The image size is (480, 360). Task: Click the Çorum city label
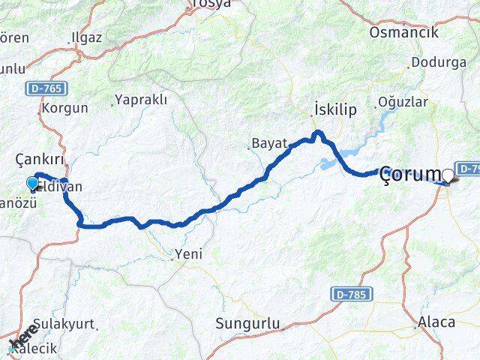click(x=411, y=175)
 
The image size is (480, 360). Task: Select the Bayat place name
click(x=269, y=142)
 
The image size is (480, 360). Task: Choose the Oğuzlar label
click(x=403, y=101)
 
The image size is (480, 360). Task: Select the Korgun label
click(x=66, y=108)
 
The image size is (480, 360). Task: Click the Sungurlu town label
click(x=247, y=323)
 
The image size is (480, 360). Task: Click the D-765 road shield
click(x=46, y=88)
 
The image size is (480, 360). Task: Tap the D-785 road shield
click(x=348, y=294)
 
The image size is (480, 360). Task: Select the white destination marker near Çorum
click(x=448, y=175)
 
